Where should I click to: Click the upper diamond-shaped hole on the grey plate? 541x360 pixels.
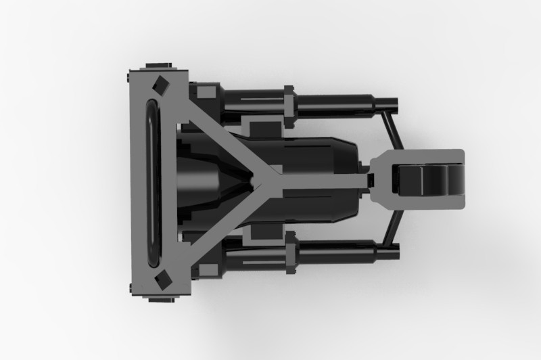pos(161,85)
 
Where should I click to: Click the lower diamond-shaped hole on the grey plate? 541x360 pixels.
pos(161,278)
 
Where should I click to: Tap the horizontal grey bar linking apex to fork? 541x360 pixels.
pos(318,181)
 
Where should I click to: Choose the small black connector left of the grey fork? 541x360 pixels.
pos(371,181)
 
